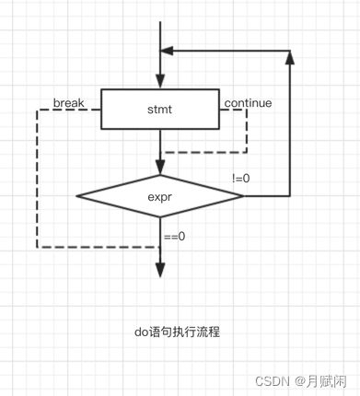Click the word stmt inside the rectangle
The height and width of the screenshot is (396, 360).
pyautogui.click(x=159, y=110)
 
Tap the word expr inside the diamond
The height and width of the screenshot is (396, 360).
pyautogui.click(x=160, y=195)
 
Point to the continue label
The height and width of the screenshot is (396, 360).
pyautogui.click(x=248, y=102)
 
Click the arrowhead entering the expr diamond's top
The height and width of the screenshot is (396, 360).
pyautogui.click(x=160, y=167)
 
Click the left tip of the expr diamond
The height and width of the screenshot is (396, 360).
pyautogui.click(x=77, y=195)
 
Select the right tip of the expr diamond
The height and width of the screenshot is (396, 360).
pyautogui.click(x=244, y=195)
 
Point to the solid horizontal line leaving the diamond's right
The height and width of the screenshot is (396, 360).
pyautogui.click(x=267, y=195)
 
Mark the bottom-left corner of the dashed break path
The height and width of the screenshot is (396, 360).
pyautogui.click(x=37, y=247)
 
